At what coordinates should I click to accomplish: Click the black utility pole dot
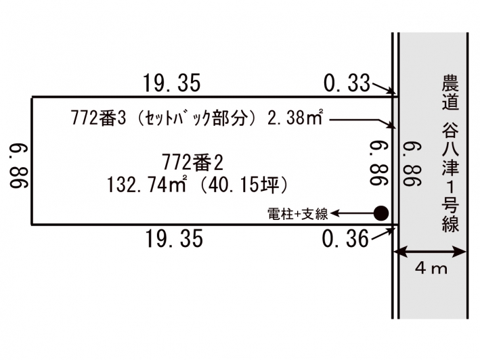(381, 213)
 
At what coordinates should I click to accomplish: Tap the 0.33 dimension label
(347, 83)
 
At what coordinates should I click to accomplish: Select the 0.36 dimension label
(345, 239)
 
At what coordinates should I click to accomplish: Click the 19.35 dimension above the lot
(172, 83)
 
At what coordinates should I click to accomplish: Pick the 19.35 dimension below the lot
(173, 239)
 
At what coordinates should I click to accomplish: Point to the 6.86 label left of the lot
(19, 166)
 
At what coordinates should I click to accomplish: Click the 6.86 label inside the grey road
(412, 164)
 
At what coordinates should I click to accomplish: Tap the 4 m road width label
(431, 269)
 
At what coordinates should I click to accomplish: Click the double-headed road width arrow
(429, 252)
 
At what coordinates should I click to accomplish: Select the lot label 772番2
(192, 162)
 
